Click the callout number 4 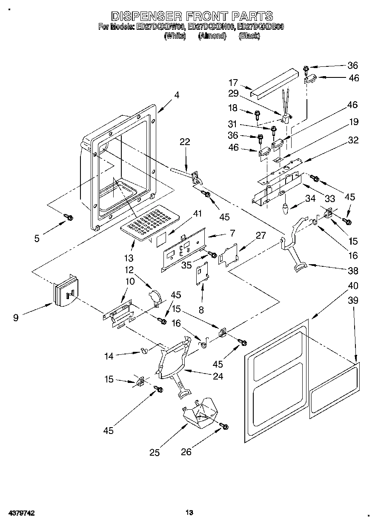tap(176, 95)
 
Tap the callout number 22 tap(184, 142)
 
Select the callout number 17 tap(233, 83)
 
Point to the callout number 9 tap(16, 317)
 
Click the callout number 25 tap(155, 453)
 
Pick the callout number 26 tap(186, 452)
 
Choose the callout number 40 tap(353, 285)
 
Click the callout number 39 tap(353, 300)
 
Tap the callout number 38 tap(353, 270)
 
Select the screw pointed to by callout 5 tap(68, 217)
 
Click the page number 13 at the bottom tap(189, 513)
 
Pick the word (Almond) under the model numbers tap(212, 36)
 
